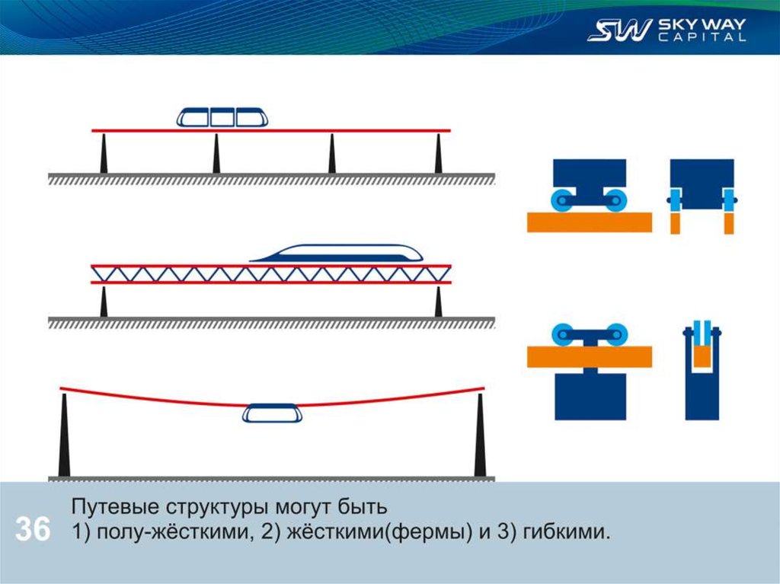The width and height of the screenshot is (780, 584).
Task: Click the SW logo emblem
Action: tap(619, 30)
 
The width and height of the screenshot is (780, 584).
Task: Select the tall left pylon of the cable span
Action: tap(64, 438)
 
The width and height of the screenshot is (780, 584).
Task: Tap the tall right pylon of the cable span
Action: tap(480, 438)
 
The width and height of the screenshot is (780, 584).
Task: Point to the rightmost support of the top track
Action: tap(438, 155)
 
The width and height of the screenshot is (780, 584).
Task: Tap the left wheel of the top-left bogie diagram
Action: tap(564, 199)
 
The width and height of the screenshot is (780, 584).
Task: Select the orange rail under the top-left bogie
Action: tap(589, 222)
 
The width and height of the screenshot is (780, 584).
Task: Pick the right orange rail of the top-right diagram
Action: tap(728, 223)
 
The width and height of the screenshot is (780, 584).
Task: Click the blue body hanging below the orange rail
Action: tap(590, 396)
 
